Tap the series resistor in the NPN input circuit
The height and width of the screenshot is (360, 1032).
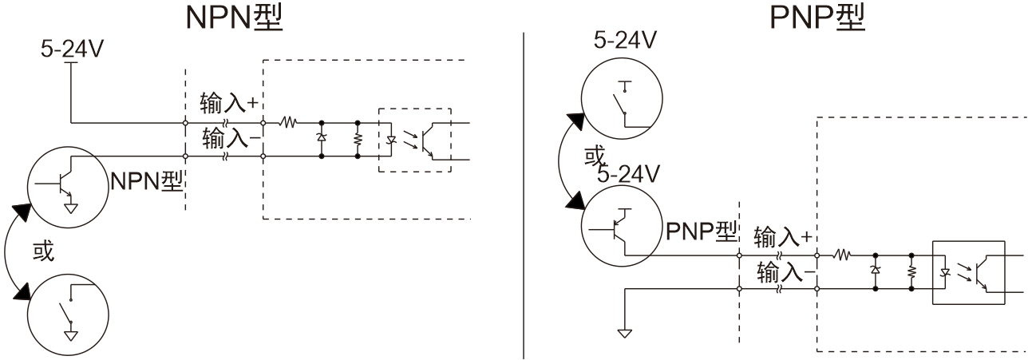(x=287, y=123)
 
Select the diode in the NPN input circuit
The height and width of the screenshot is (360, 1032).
(x=322, y=140)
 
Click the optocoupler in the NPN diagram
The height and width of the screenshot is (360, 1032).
(x=413, y=140)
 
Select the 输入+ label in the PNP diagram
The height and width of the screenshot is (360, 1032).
(x=781, y=236)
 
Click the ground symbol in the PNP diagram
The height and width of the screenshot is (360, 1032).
(x=623, y=330)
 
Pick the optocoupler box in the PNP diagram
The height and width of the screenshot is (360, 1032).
(x=968, y=272)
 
